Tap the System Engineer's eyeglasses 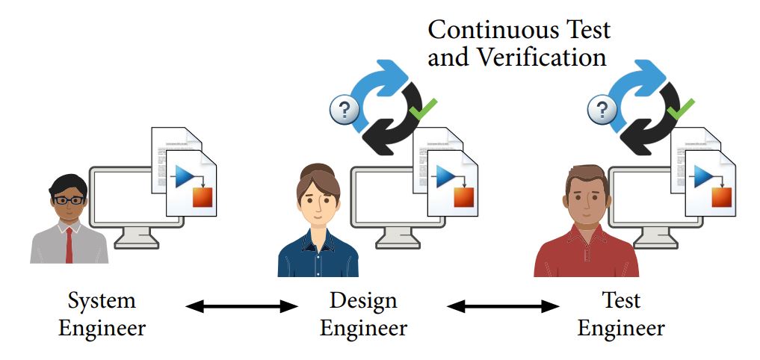[68, 199]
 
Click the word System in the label [102, 301]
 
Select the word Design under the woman [363, 301]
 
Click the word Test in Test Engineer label [621, 301]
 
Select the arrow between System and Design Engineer [241, 305]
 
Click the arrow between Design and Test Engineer [503, 305]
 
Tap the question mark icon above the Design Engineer [345, 111]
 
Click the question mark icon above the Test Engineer [602, 111]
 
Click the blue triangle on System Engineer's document [184, 177]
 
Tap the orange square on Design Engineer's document [463, 196]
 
